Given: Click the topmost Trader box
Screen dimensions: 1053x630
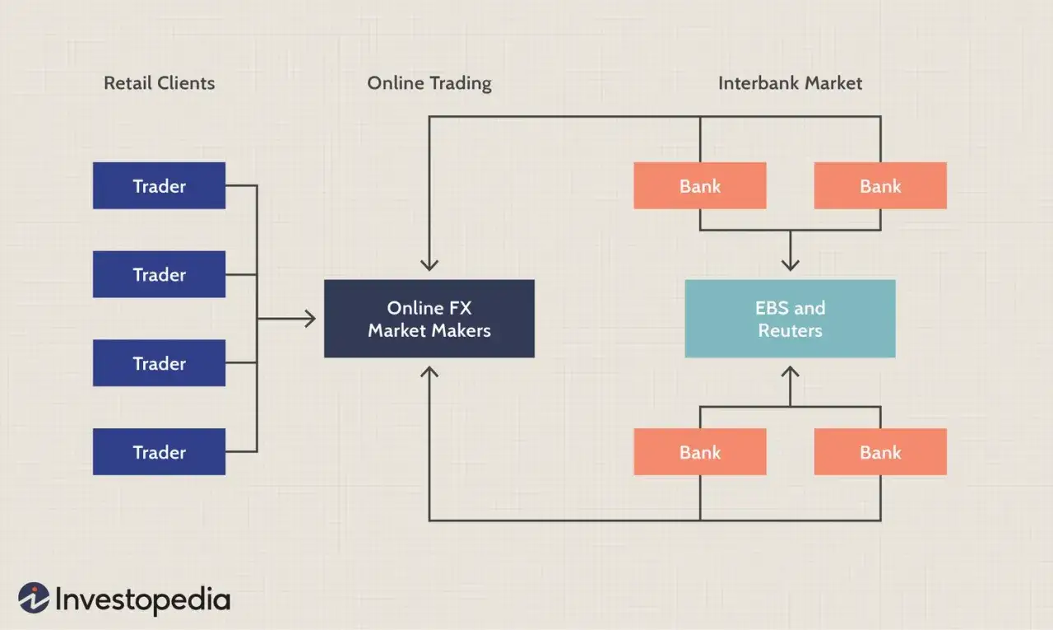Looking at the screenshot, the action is click(159, 185).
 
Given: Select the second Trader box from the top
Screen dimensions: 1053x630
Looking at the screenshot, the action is click(159, 274).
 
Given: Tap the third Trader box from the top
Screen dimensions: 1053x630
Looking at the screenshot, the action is click(159, 362).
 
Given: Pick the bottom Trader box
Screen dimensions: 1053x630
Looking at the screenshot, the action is click(159, 451).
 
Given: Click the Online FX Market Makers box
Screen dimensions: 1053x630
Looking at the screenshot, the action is click(429, 319).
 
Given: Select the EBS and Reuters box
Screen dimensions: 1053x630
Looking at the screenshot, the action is click(791, 319).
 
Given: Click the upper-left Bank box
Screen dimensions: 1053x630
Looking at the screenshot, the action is click(700, 185).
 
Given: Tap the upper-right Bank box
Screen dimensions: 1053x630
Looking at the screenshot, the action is click(880, 185).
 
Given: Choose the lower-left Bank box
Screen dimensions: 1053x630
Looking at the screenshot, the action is click(700, 451).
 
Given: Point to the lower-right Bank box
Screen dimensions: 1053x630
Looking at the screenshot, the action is click(880, 451).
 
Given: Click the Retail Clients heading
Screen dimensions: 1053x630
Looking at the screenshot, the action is click(160, 83).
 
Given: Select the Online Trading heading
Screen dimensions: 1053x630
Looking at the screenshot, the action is click(429, 84).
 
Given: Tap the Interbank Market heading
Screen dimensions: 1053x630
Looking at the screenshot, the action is click(791, 83).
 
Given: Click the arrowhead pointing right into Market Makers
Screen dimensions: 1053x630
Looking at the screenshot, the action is click(311, 319).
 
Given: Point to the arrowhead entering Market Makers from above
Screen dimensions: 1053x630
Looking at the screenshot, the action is click(429, 266).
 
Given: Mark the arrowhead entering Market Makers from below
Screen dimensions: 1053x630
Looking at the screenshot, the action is click(429, 371).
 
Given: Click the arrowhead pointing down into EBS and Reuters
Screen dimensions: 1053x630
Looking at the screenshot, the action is click(791, 266).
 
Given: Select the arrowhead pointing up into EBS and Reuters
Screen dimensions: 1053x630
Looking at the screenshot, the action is click(791, 371).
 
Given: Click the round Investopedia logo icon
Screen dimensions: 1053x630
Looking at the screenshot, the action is click(34, 598).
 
